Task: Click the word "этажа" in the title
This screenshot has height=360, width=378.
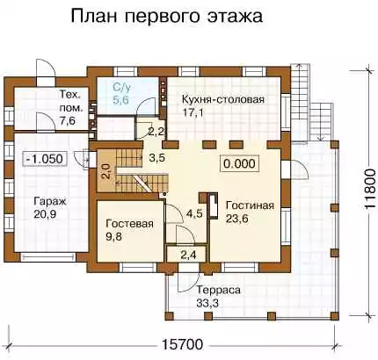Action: pos(235,17)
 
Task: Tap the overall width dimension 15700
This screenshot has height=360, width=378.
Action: pos(182,344)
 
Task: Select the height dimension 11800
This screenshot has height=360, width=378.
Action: pos(370,189)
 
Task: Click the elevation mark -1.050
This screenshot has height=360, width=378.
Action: pos(45,159)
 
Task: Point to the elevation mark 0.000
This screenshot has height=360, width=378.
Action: pos(239,163)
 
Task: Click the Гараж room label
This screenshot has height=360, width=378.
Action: pos(50,201)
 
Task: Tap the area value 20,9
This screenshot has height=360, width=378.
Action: pos(45,214)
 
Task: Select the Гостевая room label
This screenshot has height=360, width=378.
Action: pos(129,224)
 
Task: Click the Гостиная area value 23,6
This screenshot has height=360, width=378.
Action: pos(236,219)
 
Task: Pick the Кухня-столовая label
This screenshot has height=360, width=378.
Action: pos(223,99)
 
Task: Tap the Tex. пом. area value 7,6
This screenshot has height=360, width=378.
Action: pos(68,120)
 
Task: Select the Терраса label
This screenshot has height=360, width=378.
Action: pos(218,290)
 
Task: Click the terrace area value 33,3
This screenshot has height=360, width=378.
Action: pos(207,303)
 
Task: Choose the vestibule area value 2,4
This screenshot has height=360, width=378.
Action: pos(188,256)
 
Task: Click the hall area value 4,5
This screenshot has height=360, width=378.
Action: pos(194,213)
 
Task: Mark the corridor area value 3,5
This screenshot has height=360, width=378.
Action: pos(156,157)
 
